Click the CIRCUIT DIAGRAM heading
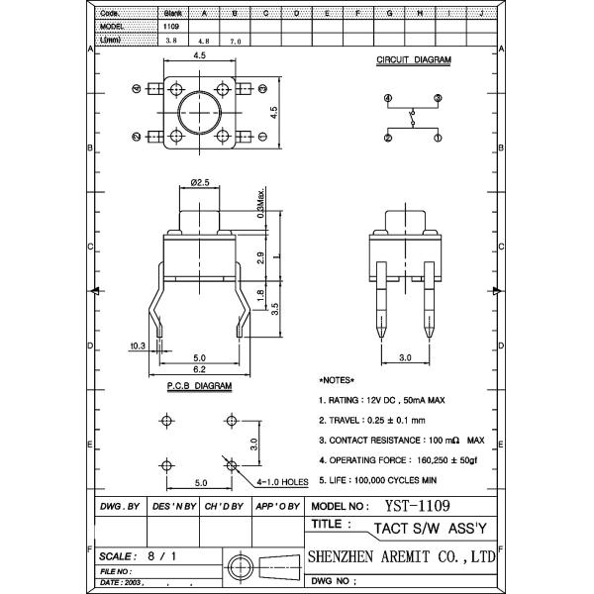[414, 60]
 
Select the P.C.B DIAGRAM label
[198, 384]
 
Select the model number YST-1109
[407, 505]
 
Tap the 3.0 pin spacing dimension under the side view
[404, 356]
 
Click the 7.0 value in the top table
[235, 43]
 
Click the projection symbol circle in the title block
[238, 565]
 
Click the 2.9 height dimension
[258, 256]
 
